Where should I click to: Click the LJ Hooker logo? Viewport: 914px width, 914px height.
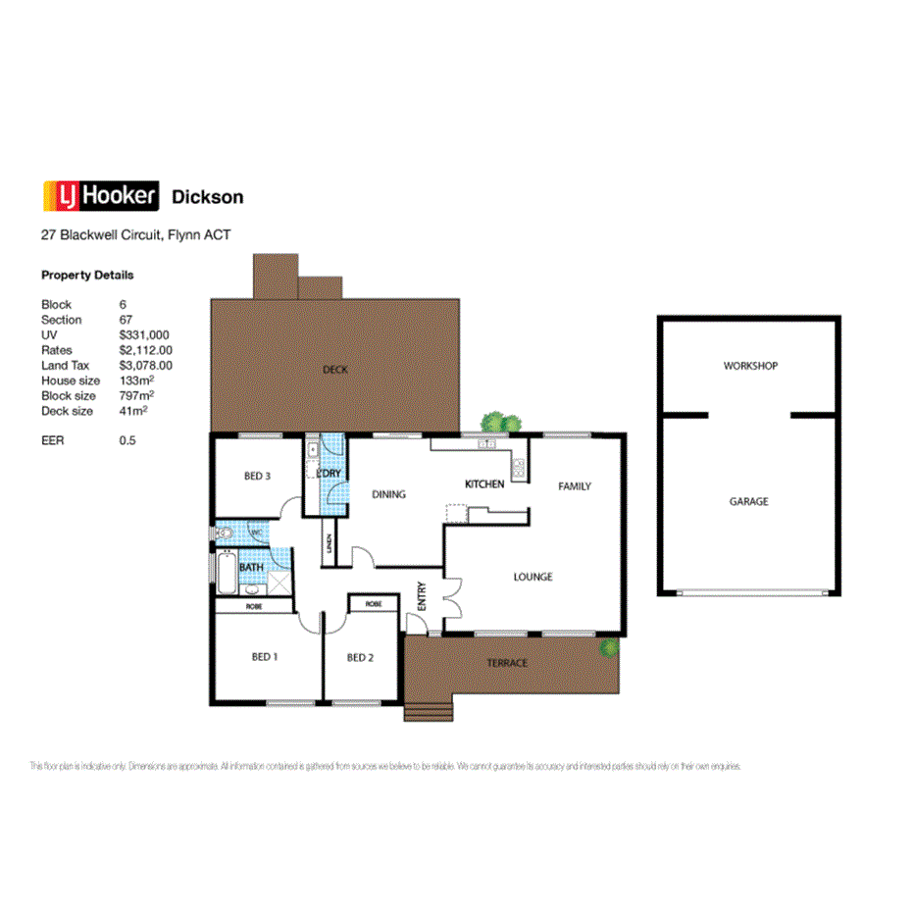100,196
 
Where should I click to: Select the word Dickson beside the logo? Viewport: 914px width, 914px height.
208,197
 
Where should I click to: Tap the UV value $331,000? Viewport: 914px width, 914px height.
144,334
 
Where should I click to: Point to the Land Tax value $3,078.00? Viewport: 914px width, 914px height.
145,365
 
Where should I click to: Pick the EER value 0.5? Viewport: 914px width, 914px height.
127,440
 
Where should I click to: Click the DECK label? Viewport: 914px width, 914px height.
335,370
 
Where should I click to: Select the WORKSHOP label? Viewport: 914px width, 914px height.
750,366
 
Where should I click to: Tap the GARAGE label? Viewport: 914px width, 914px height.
748,501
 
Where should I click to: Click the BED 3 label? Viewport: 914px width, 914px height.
257,477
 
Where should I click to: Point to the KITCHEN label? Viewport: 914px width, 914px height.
484,484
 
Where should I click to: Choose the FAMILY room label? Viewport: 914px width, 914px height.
575,486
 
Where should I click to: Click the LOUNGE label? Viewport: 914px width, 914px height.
533,577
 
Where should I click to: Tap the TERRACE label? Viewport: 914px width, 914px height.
507,663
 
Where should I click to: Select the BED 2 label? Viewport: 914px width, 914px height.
360,657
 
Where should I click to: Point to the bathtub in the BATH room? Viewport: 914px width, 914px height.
226,574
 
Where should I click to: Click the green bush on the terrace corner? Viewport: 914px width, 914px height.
610,647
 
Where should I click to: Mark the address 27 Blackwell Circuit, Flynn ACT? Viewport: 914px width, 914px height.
135,235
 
